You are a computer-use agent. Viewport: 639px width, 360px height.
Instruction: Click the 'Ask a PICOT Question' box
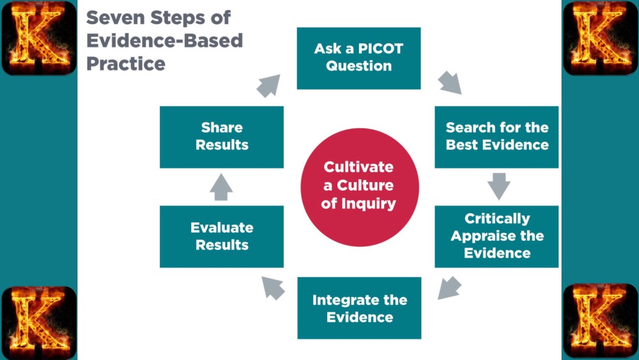pyautogui.click(x=359, y=57)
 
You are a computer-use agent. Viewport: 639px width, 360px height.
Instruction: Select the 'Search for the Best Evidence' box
pyautogui.click(x=496, y=136)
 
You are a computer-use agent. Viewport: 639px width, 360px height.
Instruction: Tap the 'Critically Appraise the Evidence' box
pyautogui.click(x=496, y=236)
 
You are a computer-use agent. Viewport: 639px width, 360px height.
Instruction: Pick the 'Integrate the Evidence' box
pyautogui.click(x=359, y=308)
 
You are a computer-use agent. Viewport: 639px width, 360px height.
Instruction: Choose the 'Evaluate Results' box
pyautogui.click(x=221, y=236)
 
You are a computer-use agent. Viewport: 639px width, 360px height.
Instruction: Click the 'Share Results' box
pyautogui.click(x=221, y=136)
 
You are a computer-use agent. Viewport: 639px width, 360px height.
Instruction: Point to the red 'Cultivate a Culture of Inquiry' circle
pyautogui.click(x=359, y=186)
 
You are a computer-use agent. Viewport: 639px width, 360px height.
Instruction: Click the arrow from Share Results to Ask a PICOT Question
pyautogui.click(x=269, y=85)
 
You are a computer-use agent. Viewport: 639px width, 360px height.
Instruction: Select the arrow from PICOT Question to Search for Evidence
pyautogui.click(x=450, y=83)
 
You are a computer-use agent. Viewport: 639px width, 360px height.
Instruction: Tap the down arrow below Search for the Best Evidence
pyautogui.click(x=499, y=186)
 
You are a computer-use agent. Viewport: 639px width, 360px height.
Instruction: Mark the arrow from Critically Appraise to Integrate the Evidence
pyautogui.click(x=450, y=287)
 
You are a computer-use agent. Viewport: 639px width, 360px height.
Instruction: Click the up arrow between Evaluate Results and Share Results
pyautogui.click(x=221, y=187)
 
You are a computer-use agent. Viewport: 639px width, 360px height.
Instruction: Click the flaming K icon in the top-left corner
pyautogui.click(x=39, y=38)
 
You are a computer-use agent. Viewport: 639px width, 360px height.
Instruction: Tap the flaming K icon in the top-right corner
pyautogui.click(x=600, y=38)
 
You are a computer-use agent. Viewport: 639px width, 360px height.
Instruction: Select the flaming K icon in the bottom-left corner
pyautogui.click(x=39, y=322)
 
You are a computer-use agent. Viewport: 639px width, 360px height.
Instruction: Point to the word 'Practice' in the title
pyautogui.click(x=125, y=63)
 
